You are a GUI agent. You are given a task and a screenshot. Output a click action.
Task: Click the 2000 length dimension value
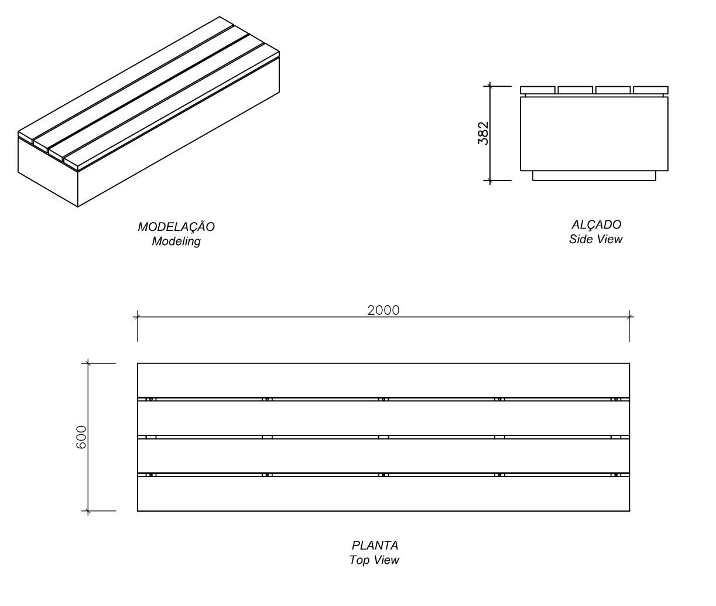(x=383, y=310)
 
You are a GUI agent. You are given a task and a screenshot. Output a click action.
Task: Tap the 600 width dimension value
(x=81, y=437)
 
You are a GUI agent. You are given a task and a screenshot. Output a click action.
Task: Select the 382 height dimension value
(x=484, y=133)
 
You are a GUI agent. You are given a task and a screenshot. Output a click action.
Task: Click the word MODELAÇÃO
(x=176, y=227)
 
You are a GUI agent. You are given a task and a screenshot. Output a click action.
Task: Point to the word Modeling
(x=176, y=241)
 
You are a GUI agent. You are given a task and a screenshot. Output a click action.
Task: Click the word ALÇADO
(x=596, y=224)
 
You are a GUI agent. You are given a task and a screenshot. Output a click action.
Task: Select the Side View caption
(x=596, y=239)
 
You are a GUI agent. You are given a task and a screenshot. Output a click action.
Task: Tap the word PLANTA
(x=375, y=546)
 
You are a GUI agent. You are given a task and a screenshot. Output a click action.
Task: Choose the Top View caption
(x=375, y=560)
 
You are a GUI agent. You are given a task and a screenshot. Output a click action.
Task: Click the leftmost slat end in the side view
(x=537, y=90)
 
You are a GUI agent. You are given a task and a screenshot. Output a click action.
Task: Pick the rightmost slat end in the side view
(x=650, y=90)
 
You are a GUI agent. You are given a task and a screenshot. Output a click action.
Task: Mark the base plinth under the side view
(x=594, y=175)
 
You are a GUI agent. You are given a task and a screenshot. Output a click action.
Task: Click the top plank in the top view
(x=383, y=380)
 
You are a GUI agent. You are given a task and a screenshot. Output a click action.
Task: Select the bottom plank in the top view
(x=383, y=493)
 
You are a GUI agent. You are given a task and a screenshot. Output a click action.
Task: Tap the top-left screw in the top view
(x=150, y=399)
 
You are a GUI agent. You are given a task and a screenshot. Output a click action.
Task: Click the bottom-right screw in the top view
(x=615, y=474)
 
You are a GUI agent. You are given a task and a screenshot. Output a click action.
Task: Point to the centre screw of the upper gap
(x=383, y=399)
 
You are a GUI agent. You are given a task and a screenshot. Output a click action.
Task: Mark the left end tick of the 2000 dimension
(x=138, y=317)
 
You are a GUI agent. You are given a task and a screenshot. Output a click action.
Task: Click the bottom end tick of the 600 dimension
(x=88, y=511)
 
